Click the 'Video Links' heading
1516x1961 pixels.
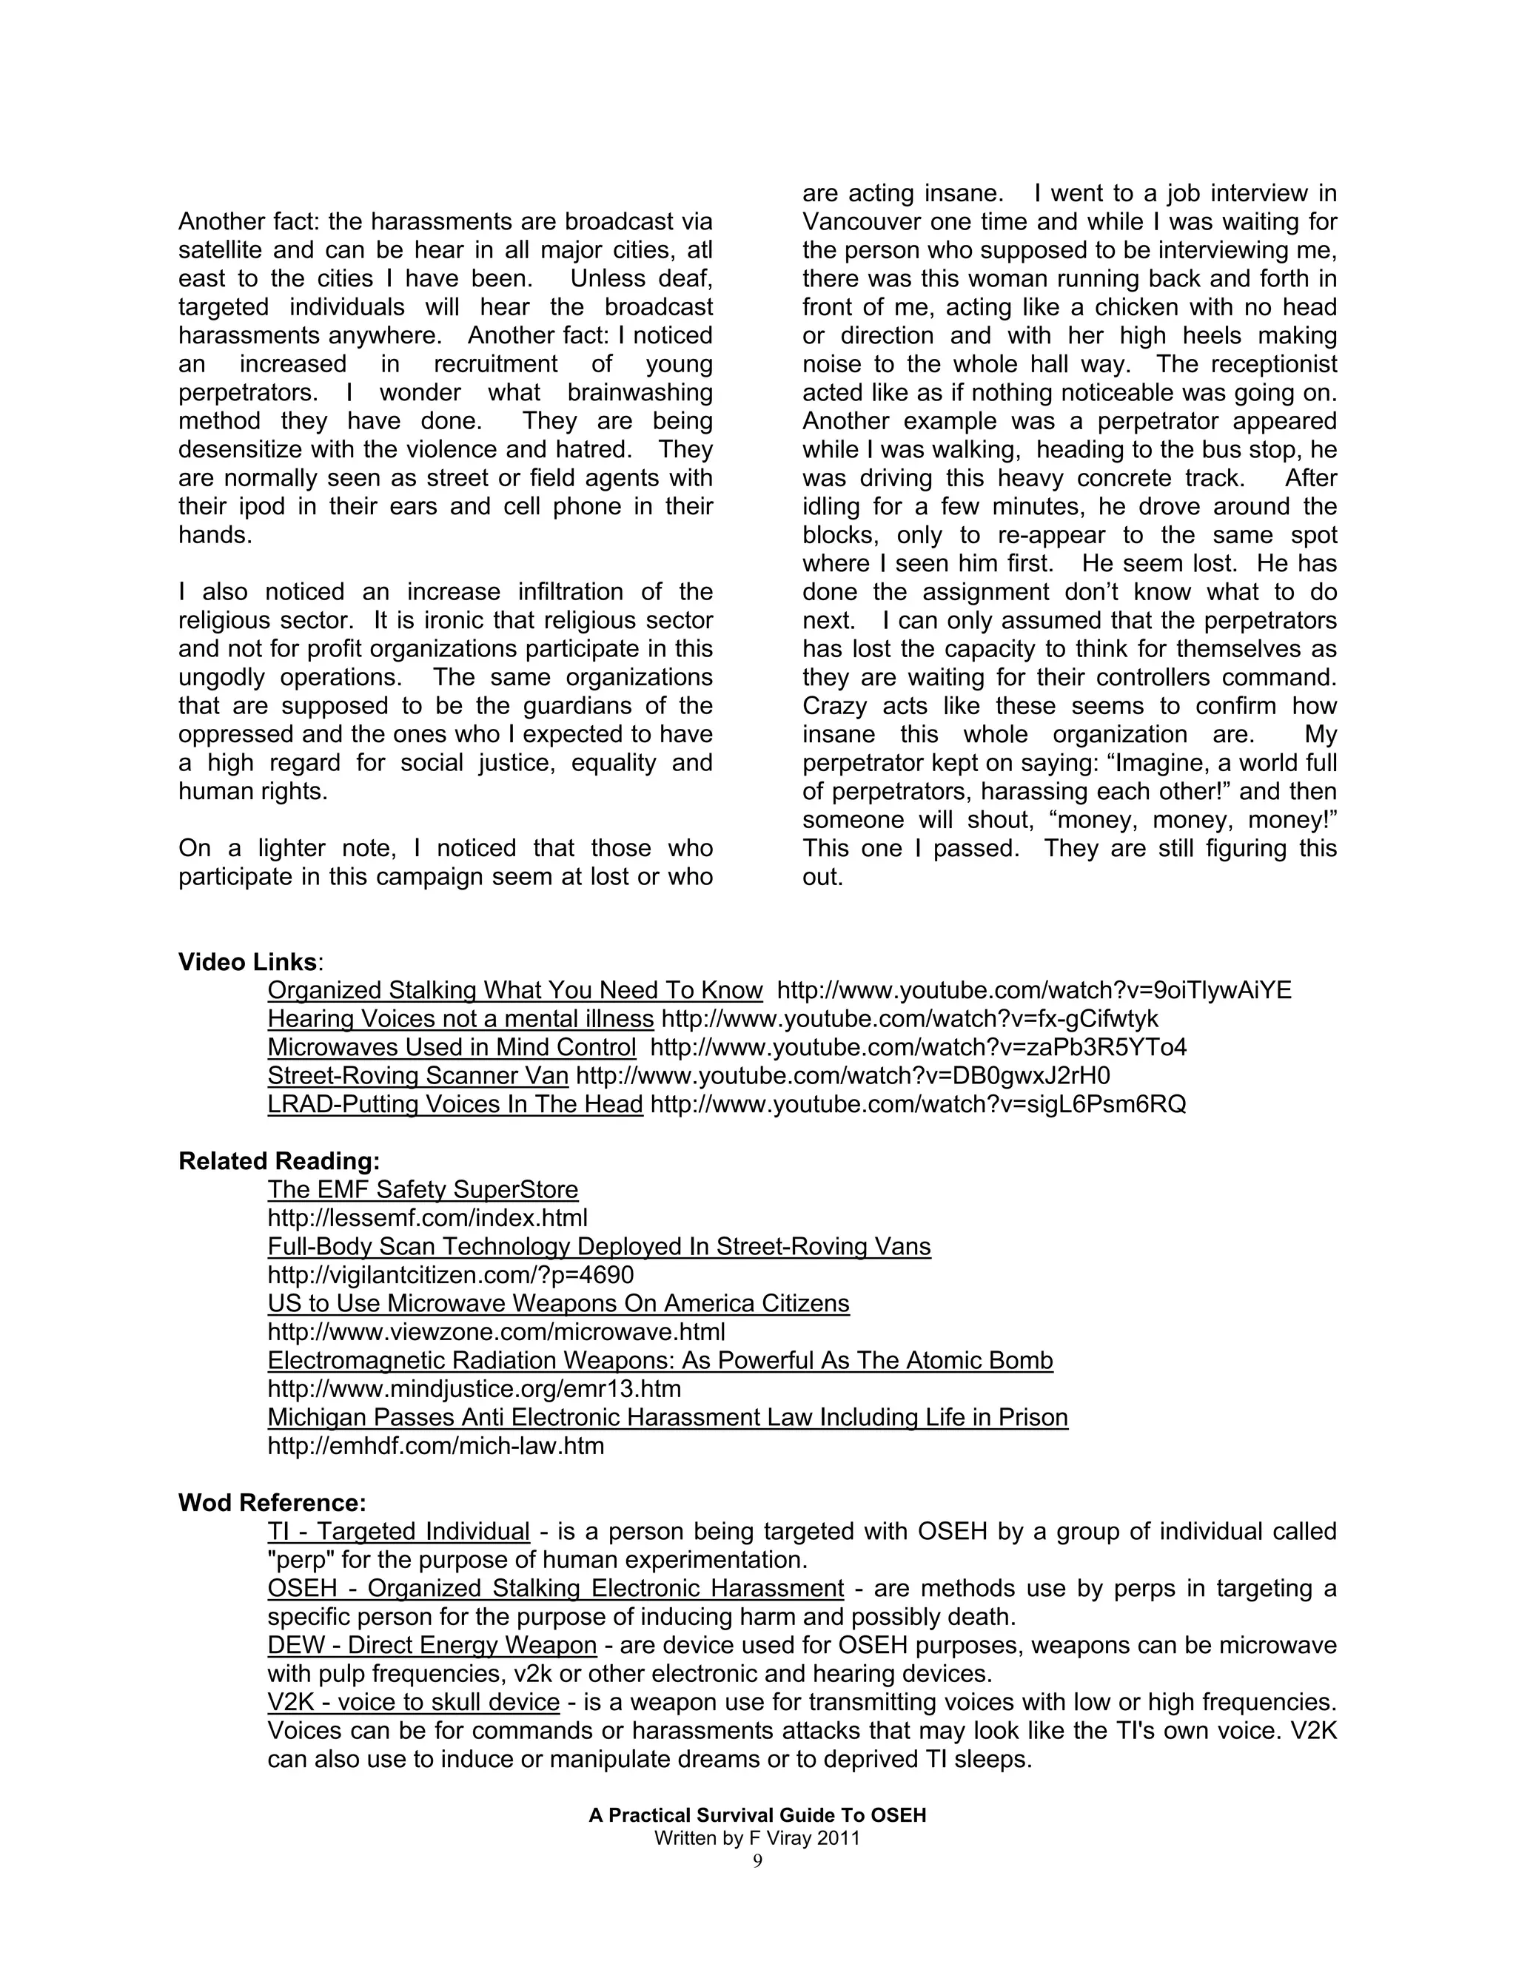click(x=247, y=962)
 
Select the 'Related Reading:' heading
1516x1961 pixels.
click(x=278, y=1161)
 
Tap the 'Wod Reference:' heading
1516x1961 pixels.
click(x=271, y=1503)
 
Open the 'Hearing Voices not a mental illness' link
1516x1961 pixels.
click(x=460, y=1019)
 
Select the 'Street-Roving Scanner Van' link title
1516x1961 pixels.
click(x=417, y=1076)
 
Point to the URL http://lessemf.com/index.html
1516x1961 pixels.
click(x=428, y=1219)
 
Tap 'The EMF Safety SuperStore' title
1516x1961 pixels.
click(x=422, y=1190)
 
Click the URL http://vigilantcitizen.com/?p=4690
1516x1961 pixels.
click(x=450, y=1275)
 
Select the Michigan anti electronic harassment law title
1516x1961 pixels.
click(x=667, y=1418)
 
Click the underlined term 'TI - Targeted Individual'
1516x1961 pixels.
click(x=398, y=1532)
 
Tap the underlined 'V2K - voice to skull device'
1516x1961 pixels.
click(x=413, y=1703)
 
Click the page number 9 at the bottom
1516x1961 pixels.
click(x=757, y=1861)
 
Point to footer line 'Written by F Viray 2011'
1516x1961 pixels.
click(x=757, y=1838)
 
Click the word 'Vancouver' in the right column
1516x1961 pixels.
click(x=859, y=222)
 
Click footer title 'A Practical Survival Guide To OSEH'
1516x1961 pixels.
click(x=757, y=1815)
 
